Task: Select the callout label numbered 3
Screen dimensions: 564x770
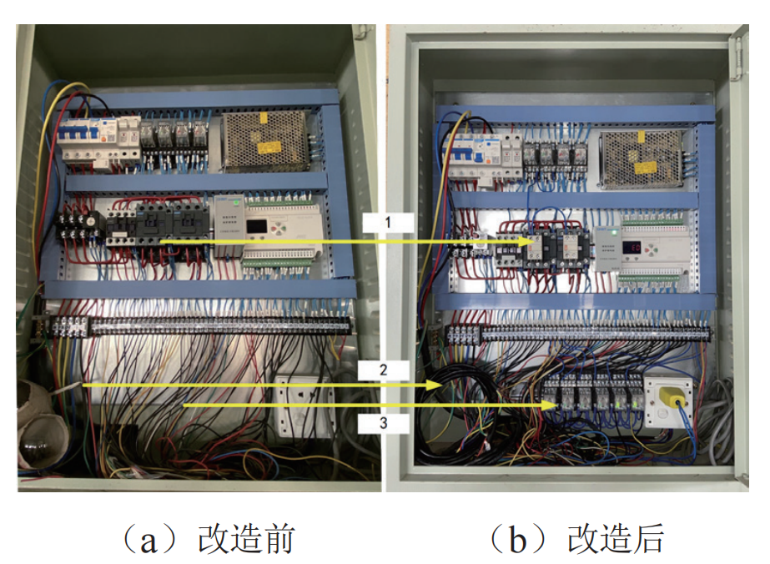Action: pos(383,423)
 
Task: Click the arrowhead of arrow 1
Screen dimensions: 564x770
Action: pos(527,242)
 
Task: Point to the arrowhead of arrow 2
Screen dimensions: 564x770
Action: pos(443,385)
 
